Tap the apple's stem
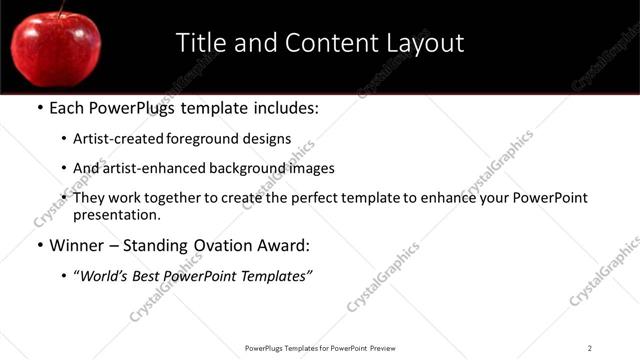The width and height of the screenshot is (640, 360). click(x=63, y=9)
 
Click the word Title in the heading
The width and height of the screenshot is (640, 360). click(x=198, y=43)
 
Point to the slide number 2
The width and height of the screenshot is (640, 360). click(x=590, y=347)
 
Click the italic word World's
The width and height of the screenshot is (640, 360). click(x=106, y=276)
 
